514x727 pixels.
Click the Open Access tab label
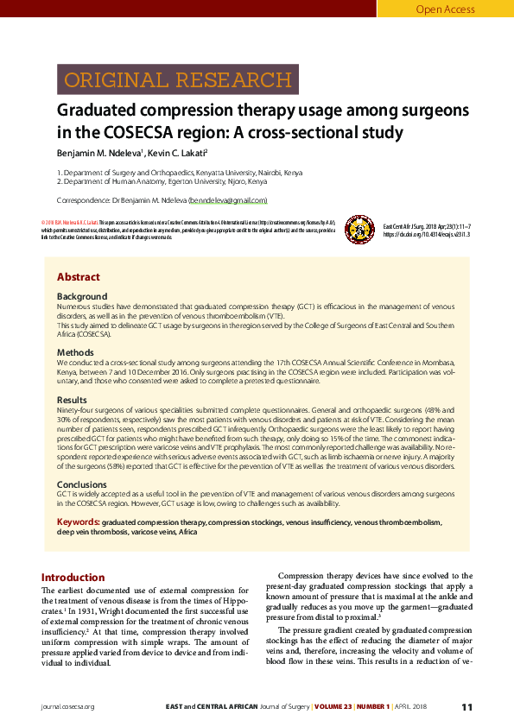click(445, 9)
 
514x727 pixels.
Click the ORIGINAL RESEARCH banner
click(178, 80)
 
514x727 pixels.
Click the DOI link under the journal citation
click(426, 234)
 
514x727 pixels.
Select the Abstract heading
click(78, 277)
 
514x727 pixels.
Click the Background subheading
click(82, 296)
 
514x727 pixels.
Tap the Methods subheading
click(75, 352)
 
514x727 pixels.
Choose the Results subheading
click(72, 401)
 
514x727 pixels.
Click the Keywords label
click(78, 522)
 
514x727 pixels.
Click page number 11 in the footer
click(466, 707)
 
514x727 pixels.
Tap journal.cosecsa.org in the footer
click(67, 707)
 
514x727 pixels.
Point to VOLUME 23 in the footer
click(339, 707)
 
